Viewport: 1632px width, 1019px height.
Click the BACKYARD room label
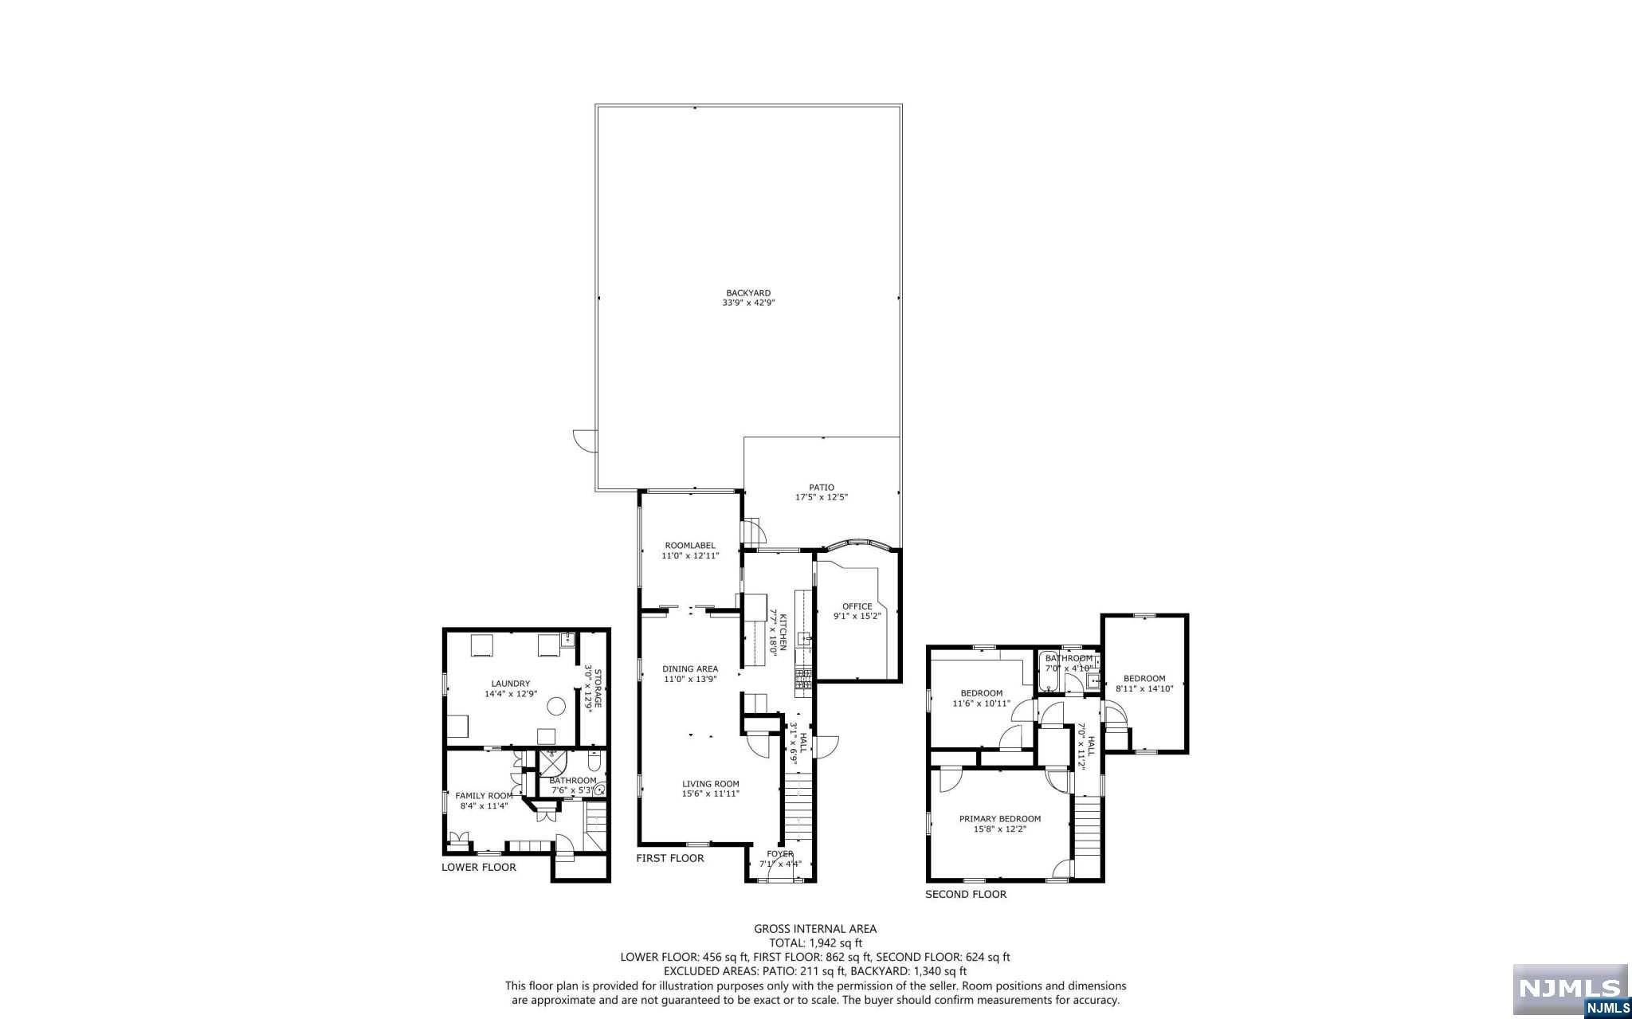pos(748,293)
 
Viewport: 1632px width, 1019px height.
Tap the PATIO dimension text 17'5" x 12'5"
pos(822,497)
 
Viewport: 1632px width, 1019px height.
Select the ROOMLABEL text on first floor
pos(690,546)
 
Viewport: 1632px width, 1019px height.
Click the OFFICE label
pos(857,606)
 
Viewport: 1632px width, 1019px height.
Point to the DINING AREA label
pos(690,669)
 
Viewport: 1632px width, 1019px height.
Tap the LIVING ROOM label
pos(710,784)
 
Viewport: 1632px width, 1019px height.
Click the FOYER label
pos(779,854)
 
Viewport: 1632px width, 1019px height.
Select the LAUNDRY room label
pos(511,684)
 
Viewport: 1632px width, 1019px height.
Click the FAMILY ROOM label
pos(484,796)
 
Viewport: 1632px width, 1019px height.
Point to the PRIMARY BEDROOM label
pos(999,819)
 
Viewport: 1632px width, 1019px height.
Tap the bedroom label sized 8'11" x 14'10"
pos(1144,679)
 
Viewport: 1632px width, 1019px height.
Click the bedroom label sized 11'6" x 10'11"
pos(981,693)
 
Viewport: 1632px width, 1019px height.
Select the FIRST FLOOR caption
pos(670,858)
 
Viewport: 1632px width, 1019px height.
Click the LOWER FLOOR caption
pos(479,867)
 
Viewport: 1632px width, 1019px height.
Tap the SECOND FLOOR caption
pos(965,894)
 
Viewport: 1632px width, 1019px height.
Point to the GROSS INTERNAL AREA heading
pos(815,928)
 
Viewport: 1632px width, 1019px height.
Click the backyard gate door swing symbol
pos(585,440)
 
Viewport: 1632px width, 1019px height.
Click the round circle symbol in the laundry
pos(555,705)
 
